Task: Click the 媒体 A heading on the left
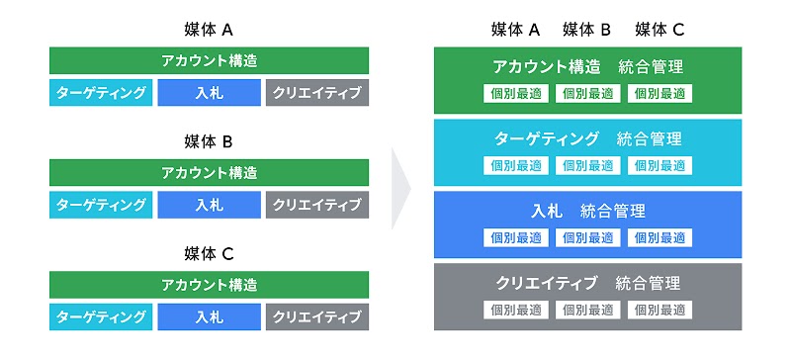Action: point(209,30)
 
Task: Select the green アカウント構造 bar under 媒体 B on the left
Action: point(209,173)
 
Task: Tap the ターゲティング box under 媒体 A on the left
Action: point(102,93)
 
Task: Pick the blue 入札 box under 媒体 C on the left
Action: point(209,317)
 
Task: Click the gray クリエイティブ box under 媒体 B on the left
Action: point(316,206)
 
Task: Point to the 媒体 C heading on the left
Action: point(209,254)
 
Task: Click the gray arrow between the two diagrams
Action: point(400,188)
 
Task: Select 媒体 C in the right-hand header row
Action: point(659,30)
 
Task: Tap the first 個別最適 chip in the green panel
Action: point(516,94)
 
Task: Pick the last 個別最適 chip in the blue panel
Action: point(659,237)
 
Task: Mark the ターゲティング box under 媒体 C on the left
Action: point(102,317)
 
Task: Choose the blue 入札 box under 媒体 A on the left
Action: point(209,93)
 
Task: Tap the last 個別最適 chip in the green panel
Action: point(659,94)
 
